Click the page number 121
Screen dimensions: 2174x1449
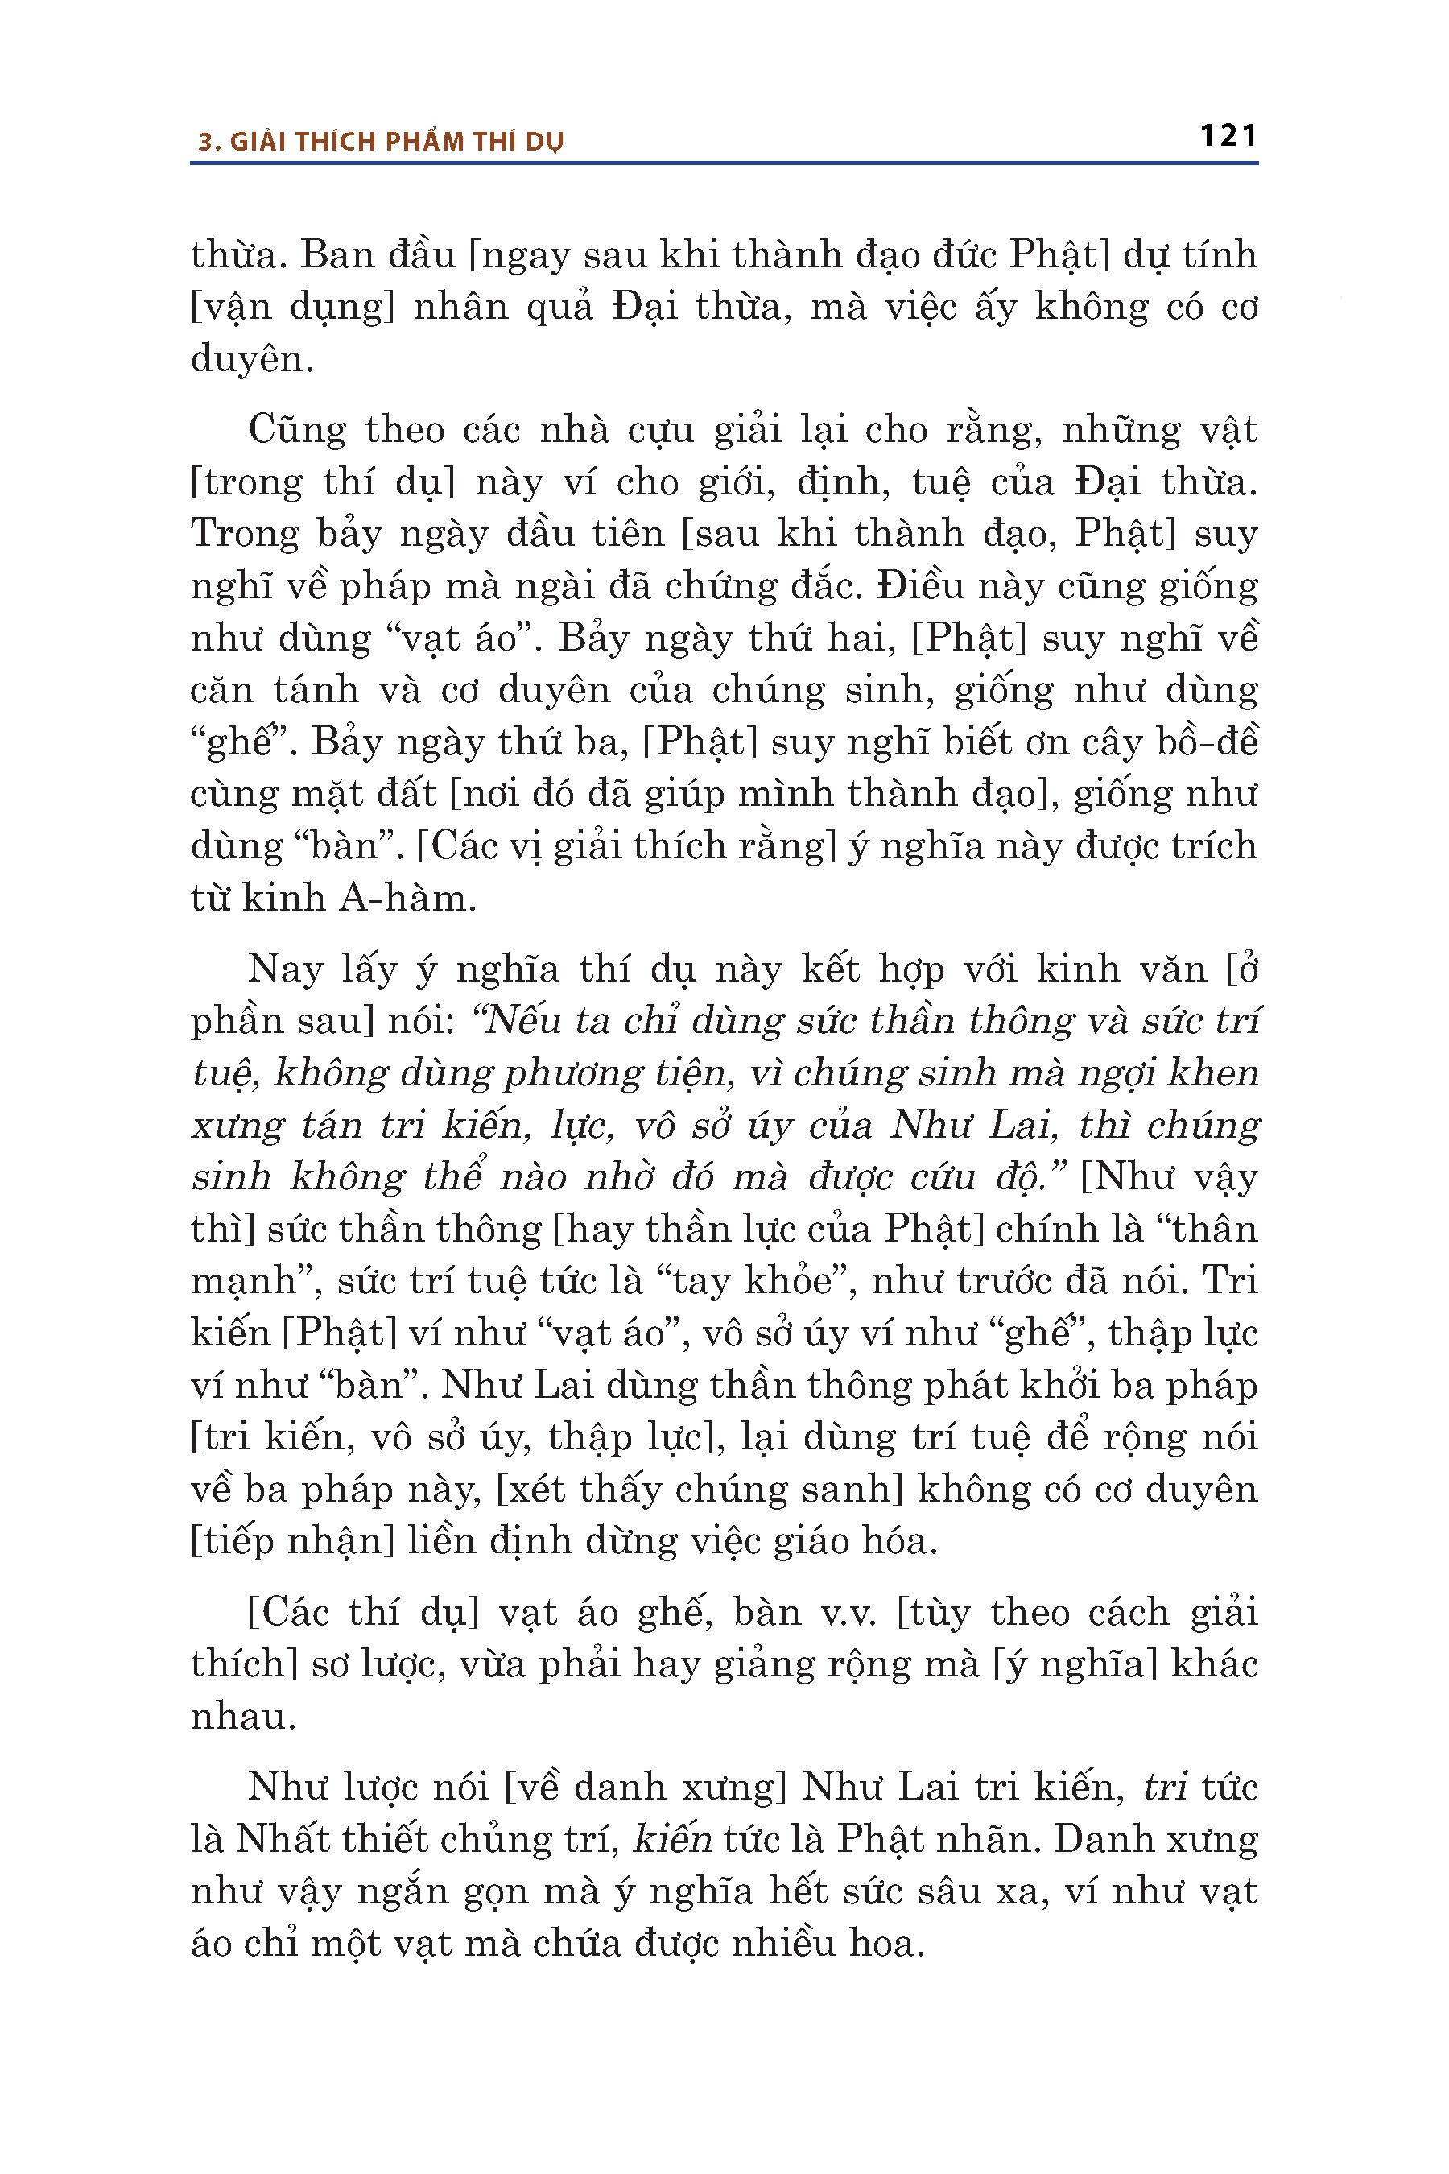pyautogui.click(x=1228, y=136)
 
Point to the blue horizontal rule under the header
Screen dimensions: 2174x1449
pyautogui.click(x=724, y=163)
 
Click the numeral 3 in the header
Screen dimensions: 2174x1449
pyautogui.click(x=205, y=142)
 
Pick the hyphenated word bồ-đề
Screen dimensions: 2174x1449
pyautogui.click(x=1206, y=742)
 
